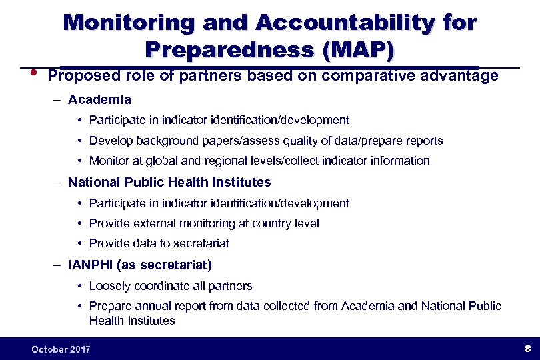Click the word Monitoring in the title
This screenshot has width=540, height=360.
[x=127, y=23]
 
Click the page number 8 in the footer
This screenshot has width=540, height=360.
[x=527, y=348]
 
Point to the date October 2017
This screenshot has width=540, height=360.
[x=61, y=349]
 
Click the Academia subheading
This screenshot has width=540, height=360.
[x=99, y=100]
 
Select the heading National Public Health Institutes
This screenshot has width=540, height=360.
[x=169, y=182]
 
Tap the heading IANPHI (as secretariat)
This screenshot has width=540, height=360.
[x=140, y=265]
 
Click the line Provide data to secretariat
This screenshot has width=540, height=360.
[x=159, y=244]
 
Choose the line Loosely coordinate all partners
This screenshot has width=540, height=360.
[x=171, y=286]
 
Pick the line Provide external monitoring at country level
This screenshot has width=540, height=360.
[x=204, y=223]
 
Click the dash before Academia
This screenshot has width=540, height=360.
[x=59, y=100]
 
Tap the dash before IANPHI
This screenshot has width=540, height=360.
[x=59, y=265]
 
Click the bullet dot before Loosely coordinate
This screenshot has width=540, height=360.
[x=80, y=286]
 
